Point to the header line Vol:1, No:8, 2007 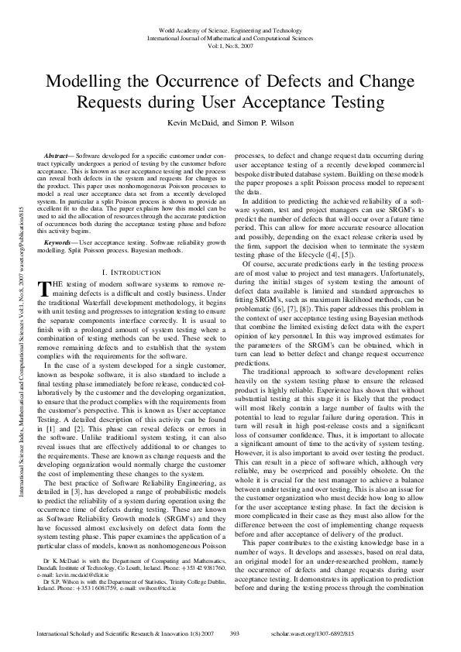230,45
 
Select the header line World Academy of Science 230,29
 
